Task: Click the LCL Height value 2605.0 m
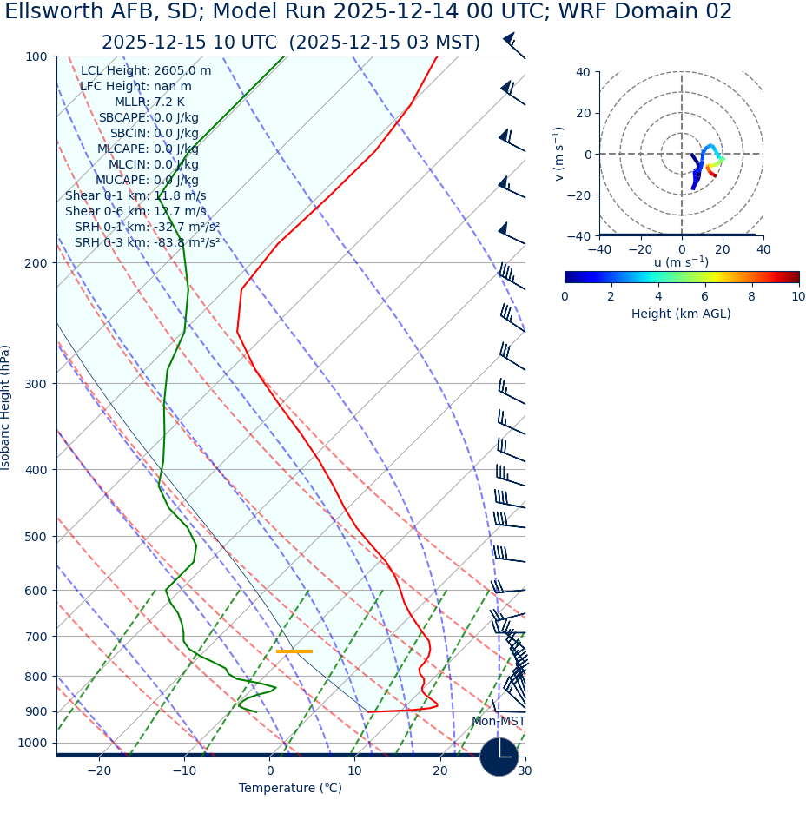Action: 182,71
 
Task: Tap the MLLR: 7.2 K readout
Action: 149,102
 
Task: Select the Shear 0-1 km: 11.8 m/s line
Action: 135,196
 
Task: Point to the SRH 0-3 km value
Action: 186,243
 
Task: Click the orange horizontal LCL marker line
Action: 294,651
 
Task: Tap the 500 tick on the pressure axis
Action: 35,537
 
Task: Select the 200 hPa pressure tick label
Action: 35,263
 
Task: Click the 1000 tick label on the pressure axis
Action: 32,744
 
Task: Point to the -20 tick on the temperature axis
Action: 99,771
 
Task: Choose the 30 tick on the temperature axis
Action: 525,771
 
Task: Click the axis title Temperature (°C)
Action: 290,789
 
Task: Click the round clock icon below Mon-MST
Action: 499,757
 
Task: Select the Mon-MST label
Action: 499,722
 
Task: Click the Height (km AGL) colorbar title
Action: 681,314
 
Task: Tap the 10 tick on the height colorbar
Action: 797,297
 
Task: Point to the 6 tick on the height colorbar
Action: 704,297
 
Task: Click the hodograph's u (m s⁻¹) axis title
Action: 681,262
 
